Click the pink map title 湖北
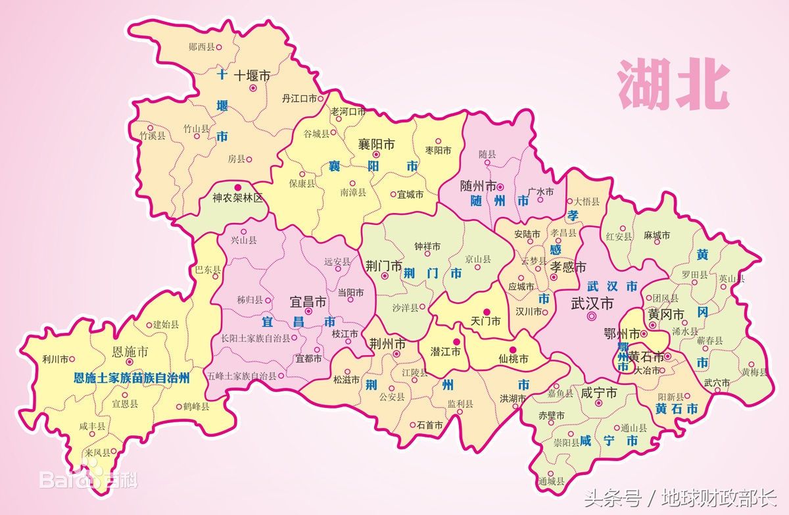(x=673, y=86)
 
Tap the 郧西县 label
(x=201, y=47)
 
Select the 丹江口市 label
(x=299, y=99)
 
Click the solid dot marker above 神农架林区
(x=238, y=187)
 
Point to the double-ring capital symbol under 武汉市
(x=592, y=317)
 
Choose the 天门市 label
(x=486, y=322)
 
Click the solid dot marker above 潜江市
(x=456, y=342)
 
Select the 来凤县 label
(x=97, y=453)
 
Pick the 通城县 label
(x=550, y=481)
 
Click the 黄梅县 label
(x=754, y=372)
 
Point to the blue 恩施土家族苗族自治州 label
(x=131, y=378)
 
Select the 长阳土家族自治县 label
(x=256, y=338)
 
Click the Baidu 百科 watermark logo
(x=89, y=478)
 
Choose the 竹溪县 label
(x=153, y=135)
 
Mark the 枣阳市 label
(x=439, y=151)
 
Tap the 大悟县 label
(x=586, y=201)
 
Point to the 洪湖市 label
(x=513, y=399)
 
